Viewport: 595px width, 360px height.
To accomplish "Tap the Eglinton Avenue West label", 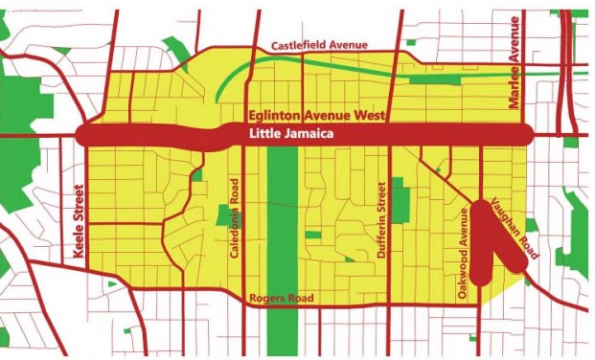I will coord(316,116).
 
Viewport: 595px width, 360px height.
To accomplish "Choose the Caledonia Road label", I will coord(233,217).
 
